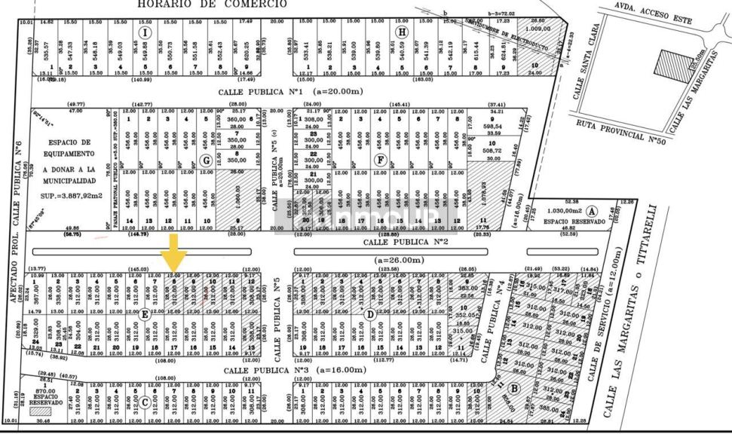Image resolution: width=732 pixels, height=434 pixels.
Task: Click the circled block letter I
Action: (x=147, y=33)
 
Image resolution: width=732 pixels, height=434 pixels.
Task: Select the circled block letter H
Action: (x=402, y=32)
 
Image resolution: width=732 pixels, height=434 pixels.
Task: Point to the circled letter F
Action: (x=381, y=160)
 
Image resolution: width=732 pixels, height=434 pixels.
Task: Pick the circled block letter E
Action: (x=144, y=315)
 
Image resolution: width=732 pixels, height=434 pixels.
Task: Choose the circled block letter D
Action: (x=369, y=313)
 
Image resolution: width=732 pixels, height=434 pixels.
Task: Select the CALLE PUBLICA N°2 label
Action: (x=406, y=243)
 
